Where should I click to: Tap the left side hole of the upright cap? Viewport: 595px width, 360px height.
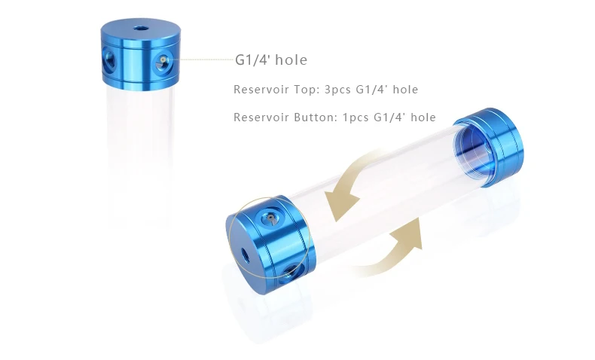tap(110, 61)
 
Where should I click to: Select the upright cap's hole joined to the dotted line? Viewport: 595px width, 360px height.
tap(164, 62)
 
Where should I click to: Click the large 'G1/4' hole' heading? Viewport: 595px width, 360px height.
tap(271, 60)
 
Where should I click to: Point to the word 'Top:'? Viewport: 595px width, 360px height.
tap(307, 90)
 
